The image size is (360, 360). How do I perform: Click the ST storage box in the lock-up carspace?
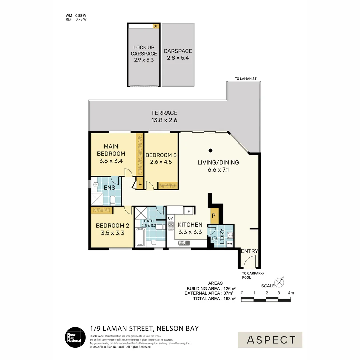click(155, 26)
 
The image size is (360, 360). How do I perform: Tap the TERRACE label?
click(164, 113)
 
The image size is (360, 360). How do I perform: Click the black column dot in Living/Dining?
click(210, 150)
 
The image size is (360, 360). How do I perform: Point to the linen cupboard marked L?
click(140, 183)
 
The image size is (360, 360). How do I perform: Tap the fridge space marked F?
click(189, 211)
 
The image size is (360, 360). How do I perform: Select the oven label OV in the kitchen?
click(170, 218)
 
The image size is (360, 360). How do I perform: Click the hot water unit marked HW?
click(214, 239)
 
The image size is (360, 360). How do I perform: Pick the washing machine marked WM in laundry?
click(229, 244)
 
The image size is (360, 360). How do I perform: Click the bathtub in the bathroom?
click(140, 238)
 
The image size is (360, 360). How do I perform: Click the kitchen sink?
click(184, 243)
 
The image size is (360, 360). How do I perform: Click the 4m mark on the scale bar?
click(291, 293)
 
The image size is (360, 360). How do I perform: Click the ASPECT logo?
click(270, 340)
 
